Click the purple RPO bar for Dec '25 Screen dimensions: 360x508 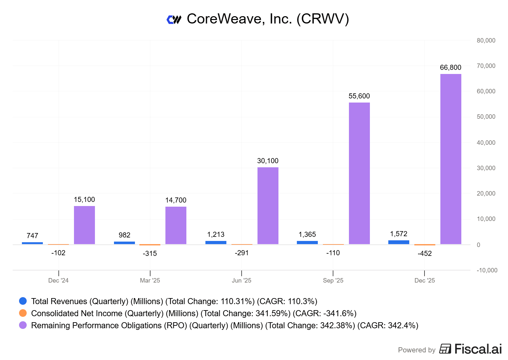click(451, 159)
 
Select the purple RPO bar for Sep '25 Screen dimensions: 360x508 click(359, 173)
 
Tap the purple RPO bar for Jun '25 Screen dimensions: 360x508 click(268, 205)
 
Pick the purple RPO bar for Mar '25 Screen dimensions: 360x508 click(176, 225)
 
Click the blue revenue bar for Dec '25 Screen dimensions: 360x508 click(398, 242)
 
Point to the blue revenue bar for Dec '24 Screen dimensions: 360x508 click(32, 243)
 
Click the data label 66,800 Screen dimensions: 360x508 click(450, 67)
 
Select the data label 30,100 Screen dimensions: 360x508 click(268, 161)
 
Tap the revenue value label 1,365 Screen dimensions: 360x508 click(307, 234)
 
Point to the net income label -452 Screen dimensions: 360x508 click(424, 253)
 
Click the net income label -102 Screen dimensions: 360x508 click(58, 253)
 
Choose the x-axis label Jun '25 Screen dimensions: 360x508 click(241, 280)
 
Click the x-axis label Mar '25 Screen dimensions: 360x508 click(150, 280)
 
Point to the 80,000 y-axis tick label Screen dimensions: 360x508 click(486, 40)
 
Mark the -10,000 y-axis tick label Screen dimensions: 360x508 click(487, 270)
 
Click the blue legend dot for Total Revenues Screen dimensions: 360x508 click(23, 301)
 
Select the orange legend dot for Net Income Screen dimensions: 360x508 click(23, 313)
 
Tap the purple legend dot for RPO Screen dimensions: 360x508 click(23, 325)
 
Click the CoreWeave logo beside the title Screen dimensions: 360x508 click(174, 20)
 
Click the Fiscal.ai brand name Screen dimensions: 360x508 click(478, 349)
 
